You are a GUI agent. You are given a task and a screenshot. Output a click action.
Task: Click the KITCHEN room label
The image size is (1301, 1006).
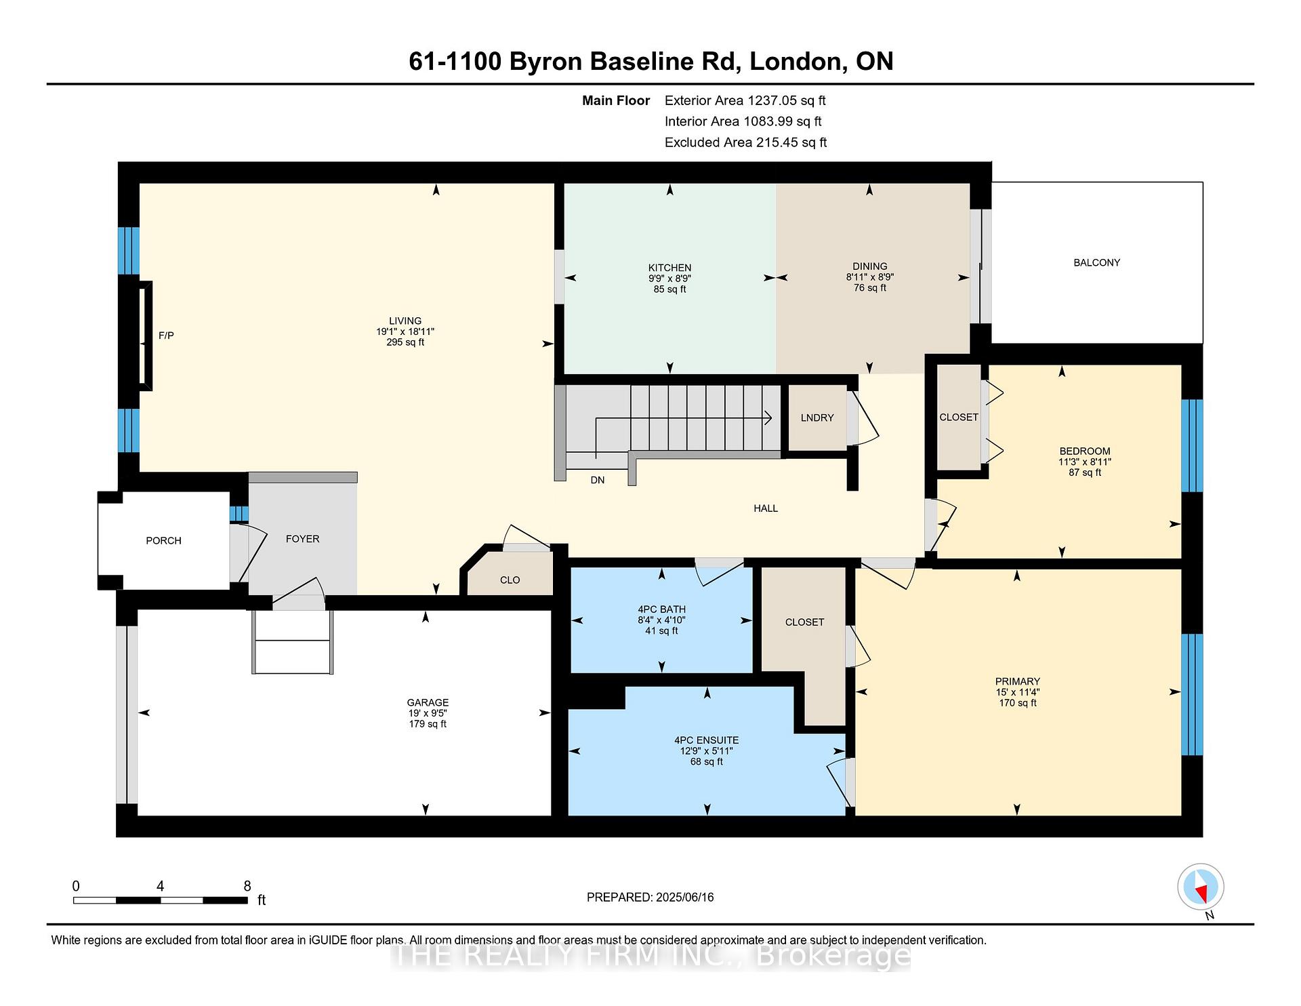[x=669, y=268]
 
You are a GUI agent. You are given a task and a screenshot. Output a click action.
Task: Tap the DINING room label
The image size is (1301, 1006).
[x=869, y=266]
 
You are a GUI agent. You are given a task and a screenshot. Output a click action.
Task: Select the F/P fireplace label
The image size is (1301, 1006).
[x=166, y=336]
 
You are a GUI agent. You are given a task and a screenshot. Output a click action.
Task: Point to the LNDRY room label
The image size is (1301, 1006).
[x=817, y=418]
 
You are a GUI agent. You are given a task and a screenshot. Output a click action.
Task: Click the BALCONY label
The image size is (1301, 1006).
[x=1096, y=262]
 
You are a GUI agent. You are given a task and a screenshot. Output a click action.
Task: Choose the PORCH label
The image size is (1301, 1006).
[x=164, y=540]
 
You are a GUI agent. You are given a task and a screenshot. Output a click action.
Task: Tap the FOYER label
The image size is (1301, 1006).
[x=302, y=539]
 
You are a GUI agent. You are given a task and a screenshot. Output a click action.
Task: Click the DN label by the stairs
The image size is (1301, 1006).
[x=597, y=480]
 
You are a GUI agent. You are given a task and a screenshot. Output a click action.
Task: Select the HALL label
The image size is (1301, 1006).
[x=766, y=508]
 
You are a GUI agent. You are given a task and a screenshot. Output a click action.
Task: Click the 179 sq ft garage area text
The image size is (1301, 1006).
[x=428, y=724]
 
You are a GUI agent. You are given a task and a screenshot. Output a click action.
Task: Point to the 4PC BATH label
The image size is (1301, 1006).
[x=661, y=609]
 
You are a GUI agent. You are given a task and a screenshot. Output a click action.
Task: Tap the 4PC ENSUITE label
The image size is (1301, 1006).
[x=707, y=740]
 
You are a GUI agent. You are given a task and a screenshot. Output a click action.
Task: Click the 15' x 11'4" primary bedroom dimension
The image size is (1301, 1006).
[x=1017, y=692]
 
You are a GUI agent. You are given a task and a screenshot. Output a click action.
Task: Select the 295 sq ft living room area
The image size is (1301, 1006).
[x=405, y=342]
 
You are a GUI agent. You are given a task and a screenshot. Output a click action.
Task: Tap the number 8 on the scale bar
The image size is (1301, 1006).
[x=247, y=886]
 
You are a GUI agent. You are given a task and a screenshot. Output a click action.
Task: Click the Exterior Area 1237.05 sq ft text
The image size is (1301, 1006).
[x=745, y=101]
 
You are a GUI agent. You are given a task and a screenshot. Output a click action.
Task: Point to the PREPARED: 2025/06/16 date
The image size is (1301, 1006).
[x=650, y=898]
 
